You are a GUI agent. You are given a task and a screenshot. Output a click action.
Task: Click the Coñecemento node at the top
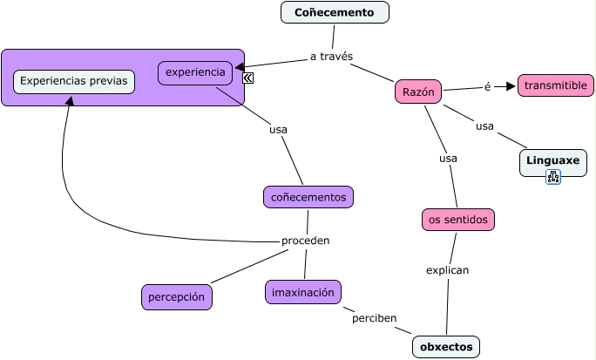point(335,12)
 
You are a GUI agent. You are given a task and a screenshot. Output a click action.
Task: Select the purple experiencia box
point(195,72)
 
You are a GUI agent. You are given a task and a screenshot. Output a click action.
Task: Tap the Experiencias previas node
point(74,82)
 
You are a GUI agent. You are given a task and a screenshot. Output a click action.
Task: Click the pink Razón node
point(418,92)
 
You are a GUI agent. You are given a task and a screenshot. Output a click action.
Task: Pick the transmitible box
point(556,85)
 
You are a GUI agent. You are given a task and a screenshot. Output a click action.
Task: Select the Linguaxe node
point(552,161)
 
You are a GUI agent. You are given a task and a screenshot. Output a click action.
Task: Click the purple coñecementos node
point(308,197)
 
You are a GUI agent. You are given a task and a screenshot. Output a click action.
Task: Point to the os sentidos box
point(458,220)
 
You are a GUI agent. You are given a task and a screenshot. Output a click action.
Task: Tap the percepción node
point(176,297)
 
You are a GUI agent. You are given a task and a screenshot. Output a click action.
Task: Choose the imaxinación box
point(303,292)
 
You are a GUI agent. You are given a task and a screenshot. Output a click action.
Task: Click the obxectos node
point(446,347)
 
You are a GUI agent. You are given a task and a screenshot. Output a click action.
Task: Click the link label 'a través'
point(331,57)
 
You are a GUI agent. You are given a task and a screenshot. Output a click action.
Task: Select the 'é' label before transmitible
point(488,86)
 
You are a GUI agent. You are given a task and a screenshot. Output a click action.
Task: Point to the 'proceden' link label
point(305,241)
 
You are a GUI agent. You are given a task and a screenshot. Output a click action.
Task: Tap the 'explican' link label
point(448,270)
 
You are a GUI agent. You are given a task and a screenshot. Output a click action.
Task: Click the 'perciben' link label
point(375,318)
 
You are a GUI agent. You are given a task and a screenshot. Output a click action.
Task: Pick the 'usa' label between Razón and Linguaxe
point(484,126)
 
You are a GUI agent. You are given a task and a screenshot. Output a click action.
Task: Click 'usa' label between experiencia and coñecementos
point(278,130)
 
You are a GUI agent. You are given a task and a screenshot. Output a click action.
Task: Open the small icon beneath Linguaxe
point(553,178)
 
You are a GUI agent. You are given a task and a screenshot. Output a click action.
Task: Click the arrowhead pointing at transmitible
point(511,86)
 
